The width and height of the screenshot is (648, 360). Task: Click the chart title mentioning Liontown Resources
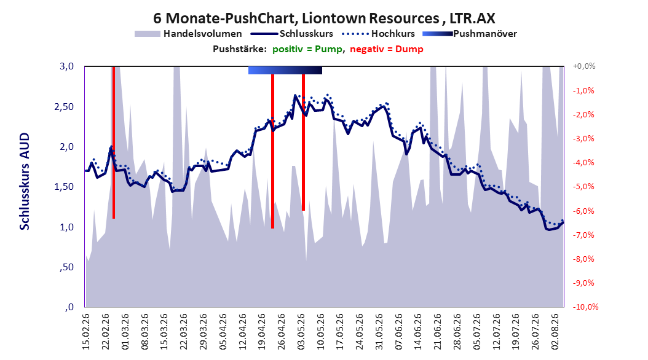(x=324, y=18)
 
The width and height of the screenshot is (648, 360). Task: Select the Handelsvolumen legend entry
(x=188, y=34)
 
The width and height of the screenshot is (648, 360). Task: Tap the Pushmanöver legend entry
(x=470, y=34)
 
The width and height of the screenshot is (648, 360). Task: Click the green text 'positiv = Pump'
(x=307, y=49)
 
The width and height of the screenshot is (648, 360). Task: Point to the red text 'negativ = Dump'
(x=387, y=49)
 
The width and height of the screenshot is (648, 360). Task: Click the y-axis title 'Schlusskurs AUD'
(x=25, y=181)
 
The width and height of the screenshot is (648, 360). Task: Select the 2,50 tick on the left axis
(x=64, y=106)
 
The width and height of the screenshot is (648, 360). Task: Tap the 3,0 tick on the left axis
(x=67, y=66)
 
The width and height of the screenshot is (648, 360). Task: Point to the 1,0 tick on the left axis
(x=67, y=227)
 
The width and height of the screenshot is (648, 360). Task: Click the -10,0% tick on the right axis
(x=585, y=307)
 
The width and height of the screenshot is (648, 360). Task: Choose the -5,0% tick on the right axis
(x=583, y=187)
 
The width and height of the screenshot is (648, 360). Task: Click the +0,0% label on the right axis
(x=584, y=66)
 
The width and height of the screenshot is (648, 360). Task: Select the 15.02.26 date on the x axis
(x=86, y=332)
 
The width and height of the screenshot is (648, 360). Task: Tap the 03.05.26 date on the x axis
(x=301, y=332)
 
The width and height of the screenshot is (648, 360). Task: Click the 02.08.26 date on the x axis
(x=555, y=332)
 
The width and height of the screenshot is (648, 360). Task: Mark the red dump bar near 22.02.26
(x=114, y=143)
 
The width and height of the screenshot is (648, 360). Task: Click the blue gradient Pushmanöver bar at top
(x=285, y=70)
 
